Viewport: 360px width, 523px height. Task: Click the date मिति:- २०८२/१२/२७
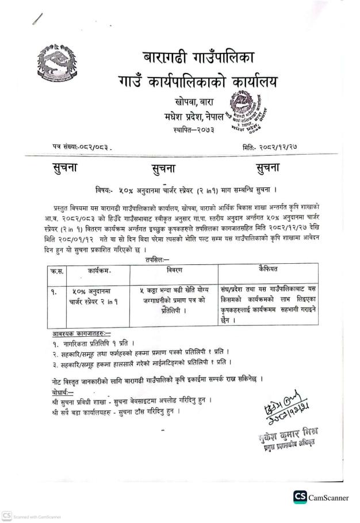277,147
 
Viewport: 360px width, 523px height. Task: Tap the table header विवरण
174,268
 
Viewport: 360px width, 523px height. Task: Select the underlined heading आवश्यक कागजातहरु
79,334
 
